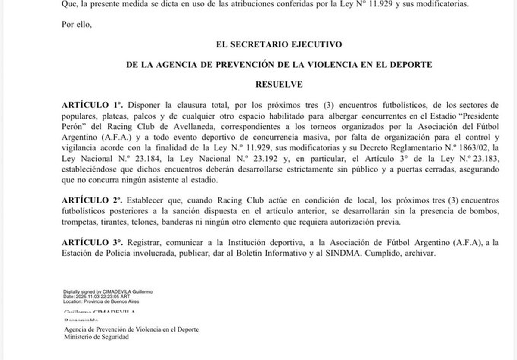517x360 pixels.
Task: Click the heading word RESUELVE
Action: (279, 85)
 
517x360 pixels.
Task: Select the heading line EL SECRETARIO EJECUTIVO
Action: (279, 44)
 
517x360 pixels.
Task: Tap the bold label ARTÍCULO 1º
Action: (93, 105)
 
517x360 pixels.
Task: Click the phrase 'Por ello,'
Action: (77, 24)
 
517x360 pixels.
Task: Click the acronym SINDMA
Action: (344, 254)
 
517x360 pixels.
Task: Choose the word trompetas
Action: (79, 222)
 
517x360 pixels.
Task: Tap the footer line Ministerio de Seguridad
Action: (96, 337)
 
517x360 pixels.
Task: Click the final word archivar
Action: (420, 254)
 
